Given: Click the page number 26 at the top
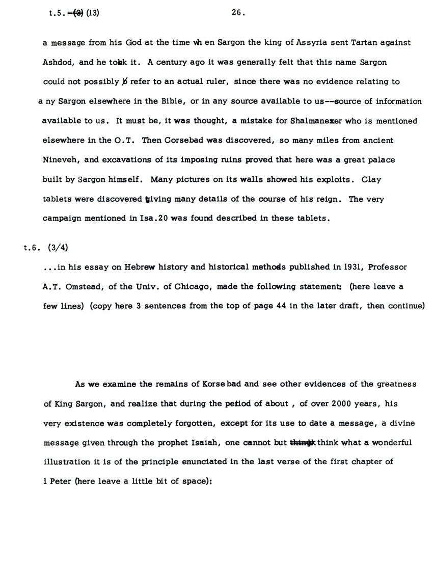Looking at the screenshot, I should (237, 13).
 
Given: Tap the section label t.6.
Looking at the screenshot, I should (32, 248).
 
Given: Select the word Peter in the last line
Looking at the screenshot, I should (61, 481).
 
